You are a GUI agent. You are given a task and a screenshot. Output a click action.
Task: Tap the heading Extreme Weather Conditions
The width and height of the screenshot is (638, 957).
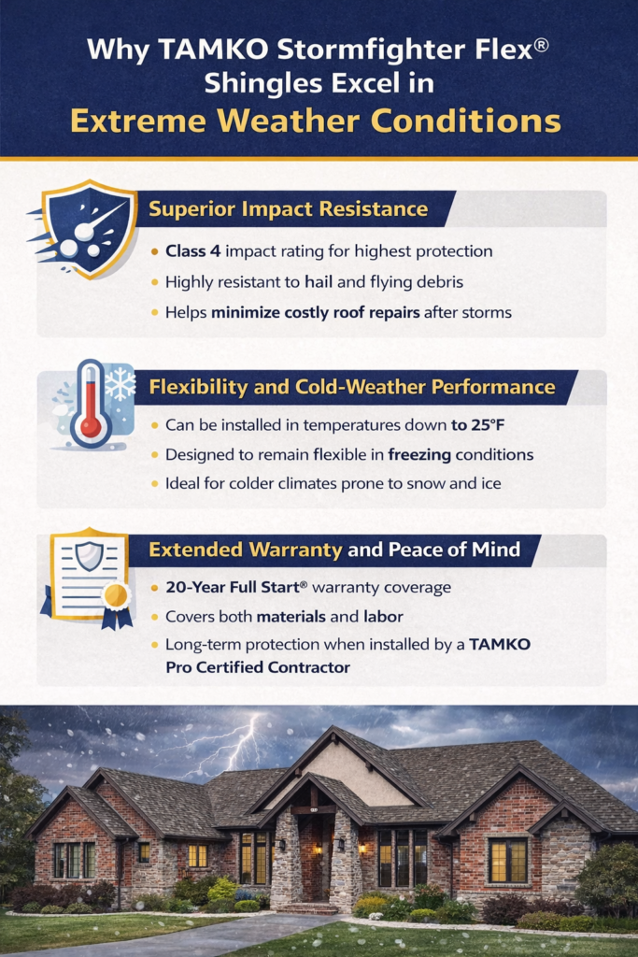click(318, 121)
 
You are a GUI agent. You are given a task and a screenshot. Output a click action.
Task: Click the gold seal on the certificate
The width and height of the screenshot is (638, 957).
click(116, 594)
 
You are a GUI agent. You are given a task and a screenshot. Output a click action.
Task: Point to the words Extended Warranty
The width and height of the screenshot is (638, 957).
click(246, 550)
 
